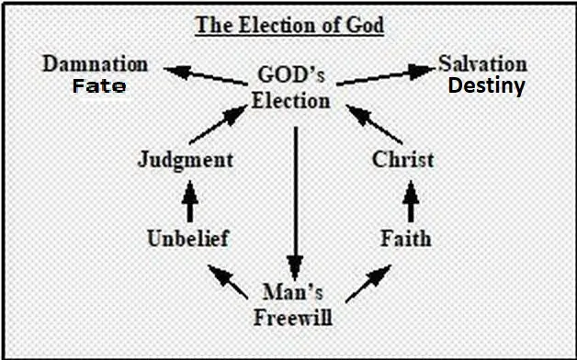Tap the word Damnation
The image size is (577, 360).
pyautogui.click(x=96, y=65)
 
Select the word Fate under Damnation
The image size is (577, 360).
pyautogui.click(x=98, y=87)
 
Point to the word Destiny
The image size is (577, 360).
pyautogui.click(x=486, y=87)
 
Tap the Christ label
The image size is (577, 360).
pyautogui.click(x=403, y=159)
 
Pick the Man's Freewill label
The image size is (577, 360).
pyautogui.click(x=293, y=307)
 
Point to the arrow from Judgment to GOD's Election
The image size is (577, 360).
pyautogui.click(x=221, y=123)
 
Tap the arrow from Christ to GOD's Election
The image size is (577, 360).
pyautogui.click(x=370, y=123)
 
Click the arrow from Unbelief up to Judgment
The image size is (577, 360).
pyautogui.click(x=189, y=199)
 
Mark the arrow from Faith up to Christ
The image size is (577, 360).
pyautogui.click(x=410, y=199)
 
